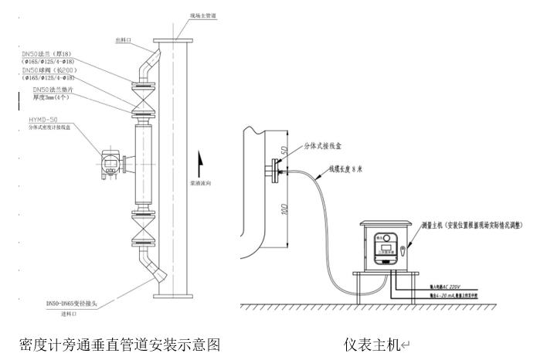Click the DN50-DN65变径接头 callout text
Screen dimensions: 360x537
point(76,306)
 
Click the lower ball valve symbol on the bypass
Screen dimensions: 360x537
point(144,230)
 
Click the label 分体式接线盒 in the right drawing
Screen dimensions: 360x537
point(325,144)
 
